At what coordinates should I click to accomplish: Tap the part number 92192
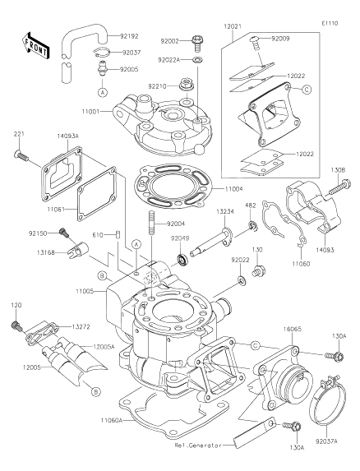coord(129,36)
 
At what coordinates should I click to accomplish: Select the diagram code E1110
coord(330,24)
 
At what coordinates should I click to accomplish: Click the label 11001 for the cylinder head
coord(91,112)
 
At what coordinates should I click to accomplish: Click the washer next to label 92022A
coord(197,59)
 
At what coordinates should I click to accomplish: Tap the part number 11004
coord(234,189)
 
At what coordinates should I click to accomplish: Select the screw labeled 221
coord(21,155)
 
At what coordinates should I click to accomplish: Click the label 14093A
coord(67,136)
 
